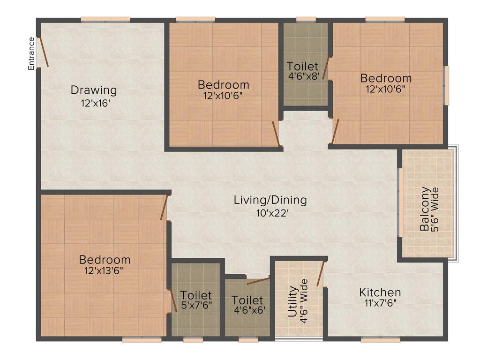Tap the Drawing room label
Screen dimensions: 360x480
(94, 90)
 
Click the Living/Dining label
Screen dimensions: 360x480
(270, 200)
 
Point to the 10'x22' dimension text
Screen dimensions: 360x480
(270, 213)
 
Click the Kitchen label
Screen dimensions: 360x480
(380, 292)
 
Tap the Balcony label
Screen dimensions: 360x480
(425, 209)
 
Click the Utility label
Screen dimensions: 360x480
(292, 301)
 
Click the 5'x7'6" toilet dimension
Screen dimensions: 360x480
(196, 305)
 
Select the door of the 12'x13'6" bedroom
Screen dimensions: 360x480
(164, 207)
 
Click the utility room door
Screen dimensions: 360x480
(321, 273)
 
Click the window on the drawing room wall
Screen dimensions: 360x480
(105, 19)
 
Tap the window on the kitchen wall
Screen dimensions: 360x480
(377, 339)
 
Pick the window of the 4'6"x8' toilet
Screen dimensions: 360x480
(306, 19)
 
